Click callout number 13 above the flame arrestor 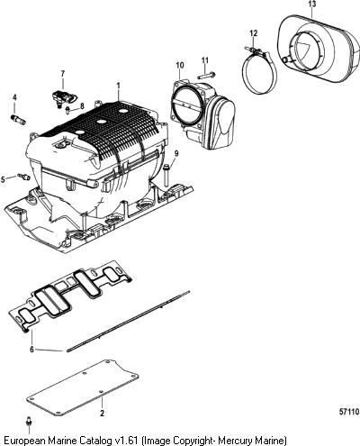(x=312, y=5)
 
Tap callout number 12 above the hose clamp (x=254, y=33)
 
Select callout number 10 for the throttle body (x=180, y=65)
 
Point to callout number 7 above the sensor (x=63, y=74)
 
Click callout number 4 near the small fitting (x=14, y=97)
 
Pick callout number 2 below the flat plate (x=102, y=414)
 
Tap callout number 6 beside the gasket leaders (x=31, y=350)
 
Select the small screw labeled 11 (x=207, y=74)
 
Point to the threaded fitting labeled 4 (x=19, y=119)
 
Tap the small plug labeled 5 (x=24, y=177)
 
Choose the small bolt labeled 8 (x=68, y=110)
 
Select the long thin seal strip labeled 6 (x=129, y=321)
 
